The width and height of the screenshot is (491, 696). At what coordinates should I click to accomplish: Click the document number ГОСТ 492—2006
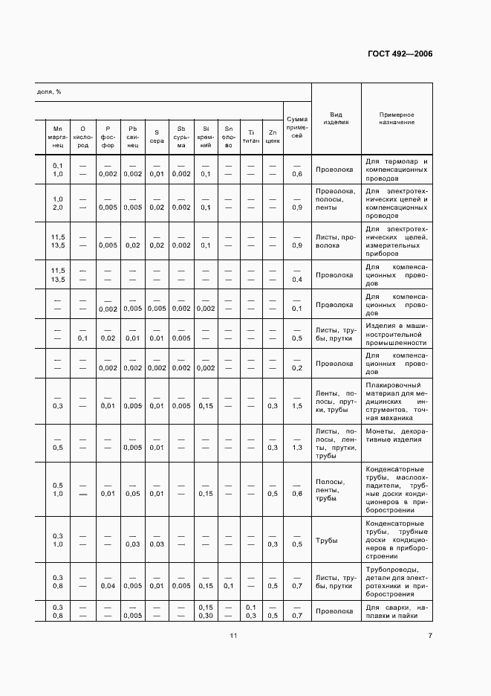(400, 54)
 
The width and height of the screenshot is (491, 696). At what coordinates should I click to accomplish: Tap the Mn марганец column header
(57, 137)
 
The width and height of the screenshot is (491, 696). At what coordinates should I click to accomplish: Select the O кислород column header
(83, 137)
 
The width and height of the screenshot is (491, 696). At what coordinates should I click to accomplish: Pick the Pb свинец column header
(132, 137)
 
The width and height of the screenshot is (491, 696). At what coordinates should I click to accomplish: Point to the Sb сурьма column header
(181, 137)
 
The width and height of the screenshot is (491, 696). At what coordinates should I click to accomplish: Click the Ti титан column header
(251, 137)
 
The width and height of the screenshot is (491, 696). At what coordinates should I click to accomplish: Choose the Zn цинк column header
(273, 137)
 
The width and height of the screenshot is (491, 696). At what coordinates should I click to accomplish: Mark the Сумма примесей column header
(297, 127)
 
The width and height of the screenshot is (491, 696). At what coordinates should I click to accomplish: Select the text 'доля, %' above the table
(49, 92)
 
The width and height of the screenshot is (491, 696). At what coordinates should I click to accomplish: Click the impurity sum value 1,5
(297, 406)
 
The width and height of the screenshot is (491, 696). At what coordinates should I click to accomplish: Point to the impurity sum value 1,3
(297, 447)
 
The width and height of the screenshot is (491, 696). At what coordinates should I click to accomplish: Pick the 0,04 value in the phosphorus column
(108, 585)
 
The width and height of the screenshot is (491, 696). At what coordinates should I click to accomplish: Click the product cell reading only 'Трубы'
(327, 541)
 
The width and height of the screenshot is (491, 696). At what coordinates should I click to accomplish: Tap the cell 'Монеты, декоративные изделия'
(397, 435)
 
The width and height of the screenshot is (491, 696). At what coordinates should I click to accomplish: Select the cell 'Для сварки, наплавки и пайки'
(397, 612)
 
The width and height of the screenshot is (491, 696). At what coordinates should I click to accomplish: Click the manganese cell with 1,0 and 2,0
(57, 203)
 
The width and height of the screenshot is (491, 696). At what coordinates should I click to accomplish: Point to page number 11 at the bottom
(233, 635)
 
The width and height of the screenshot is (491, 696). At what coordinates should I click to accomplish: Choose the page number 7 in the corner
(429, 635)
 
